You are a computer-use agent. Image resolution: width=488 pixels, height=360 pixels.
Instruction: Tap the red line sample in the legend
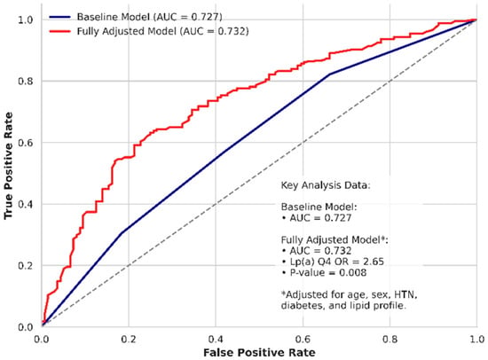point(59,31)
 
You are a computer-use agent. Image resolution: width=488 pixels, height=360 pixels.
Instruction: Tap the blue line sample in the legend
point(59,17)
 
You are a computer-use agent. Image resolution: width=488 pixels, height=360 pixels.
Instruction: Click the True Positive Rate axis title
point(8,166)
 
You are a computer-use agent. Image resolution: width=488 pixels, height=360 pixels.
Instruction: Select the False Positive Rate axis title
point(259,353)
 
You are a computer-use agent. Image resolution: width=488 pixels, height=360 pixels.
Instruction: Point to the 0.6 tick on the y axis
point(26,143)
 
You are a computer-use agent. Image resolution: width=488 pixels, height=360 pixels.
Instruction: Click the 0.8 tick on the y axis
point(26,82)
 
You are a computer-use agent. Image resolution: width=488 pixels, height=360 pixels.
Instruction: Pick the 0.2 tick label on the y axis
point(26,266)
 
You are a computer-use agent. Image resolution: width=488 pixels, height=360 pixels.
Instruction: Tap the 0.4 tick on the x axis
point(216,339)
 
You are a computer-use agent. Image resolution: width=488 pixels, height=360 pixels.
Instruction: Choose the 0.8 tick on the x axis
point(390,339)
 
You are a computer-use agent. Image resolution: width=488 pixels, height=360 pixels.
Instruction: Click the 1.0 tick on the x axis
point(476,339)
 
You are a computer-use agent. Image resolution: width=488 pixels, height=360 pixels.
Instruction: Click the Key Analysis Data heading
point(326,185)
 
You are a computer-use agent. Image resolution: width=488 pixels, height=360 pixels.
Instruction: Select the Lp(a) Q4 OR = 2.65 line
point(333,262)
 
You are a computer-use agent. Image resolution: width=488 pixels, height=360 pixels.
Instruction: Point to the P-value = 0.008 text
point(324,273)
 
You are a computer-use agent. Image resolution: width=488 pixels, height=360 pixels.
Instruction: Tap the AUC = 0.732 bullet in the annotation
point(317,251)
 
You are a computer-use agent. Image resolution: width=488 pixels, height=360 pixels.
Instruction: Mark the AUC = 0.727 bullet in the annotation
point(317,218)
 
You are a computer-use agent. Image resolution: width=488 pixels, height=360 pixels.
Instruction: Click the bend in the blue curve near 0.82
point(329,74)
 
